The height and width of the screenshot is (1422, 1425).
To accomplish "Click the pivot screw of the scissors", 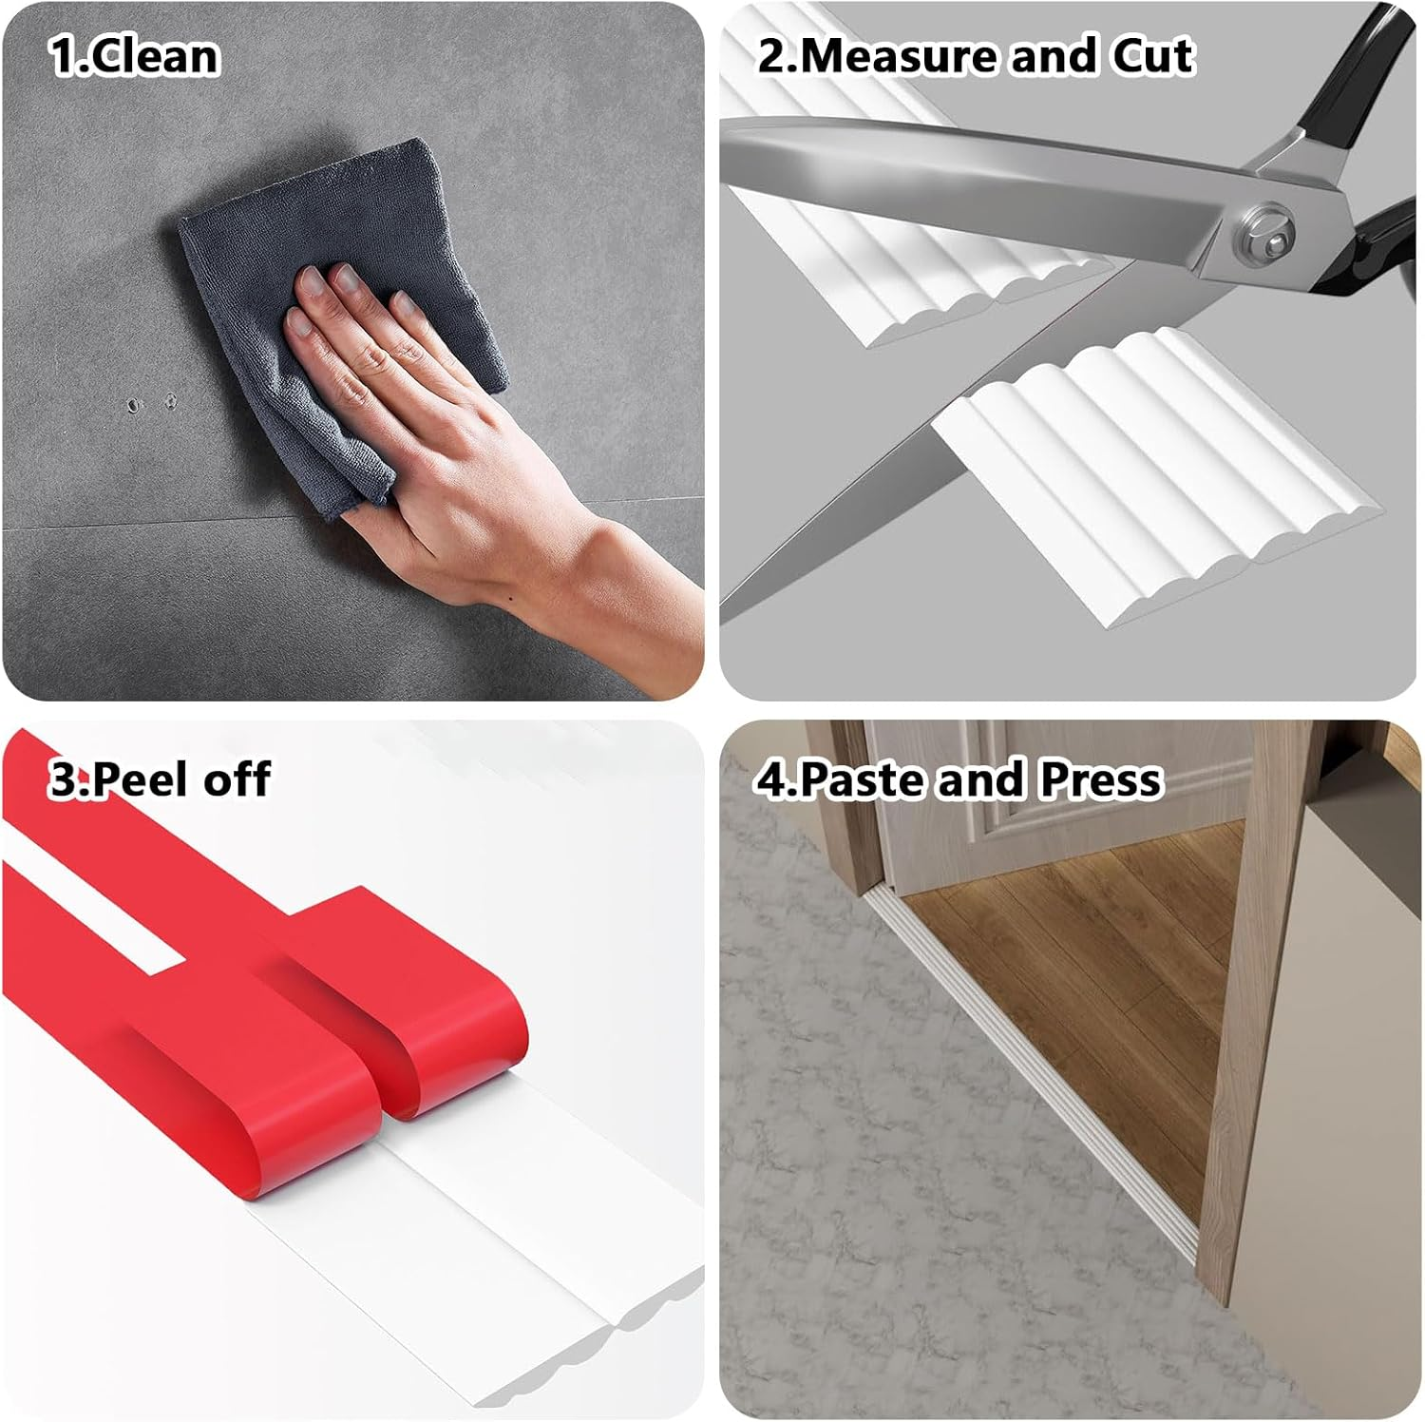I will click(1265, 233).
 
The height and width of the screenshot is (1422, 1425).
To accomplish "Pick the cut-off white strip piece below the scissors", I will click(1154, 475).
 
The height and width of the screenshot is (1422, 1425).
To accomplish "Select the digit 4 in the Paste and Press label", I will click(770, 779).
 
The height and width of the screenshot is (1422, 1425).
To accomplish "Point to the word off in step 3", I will click(237, 779).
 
